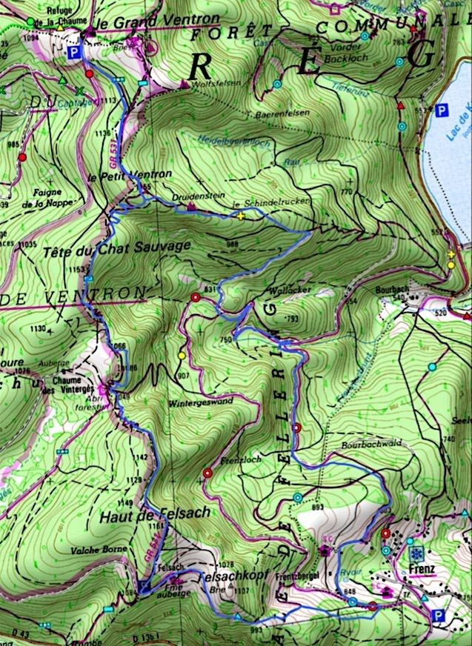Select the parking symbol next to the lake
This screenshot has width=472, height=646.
[x=442, y=111]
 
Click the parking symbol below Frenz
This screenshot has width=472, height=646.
[x=440, y=614]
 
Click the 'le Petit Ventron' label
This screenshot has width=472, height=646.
[x=129, y=175]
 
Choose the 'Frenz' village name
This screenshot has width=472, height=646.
[x=419, y=570]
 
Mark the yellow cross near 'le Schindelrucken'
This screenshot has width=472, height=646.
[x=241, y=216]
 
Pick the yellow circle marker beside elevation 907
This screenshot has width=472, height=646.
[x=182, y=356]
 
